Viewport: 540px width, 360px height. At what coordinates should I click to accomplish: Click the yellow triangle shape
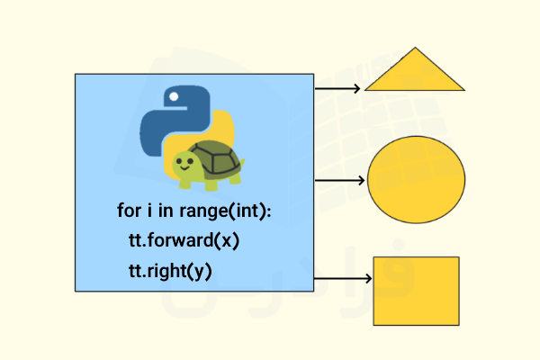pyautogui.click(x=415, y=76)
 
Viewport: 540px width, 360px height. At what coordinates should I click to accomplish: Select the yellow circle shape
pyautogui.click(x=417, y=179)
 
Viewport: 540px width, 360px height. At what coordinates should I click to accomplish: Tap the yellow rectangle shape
pyautogui.click(x=416, y=291)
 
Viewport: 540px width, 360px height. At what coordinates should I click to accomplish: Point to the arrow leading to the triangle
pyautogui.click(x=337, y=88)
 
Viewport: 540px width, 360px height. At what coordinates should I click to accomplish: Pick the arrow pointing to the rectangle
pyautogui.click(x=340, y=280)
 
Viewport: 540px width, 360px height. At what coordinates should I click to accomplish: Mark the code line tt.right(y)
pyautogui.click(x=170, y=271)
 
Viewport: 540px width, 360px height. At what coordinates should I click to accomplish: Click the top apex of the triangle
pyautogui.click(x=415, y=49)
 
